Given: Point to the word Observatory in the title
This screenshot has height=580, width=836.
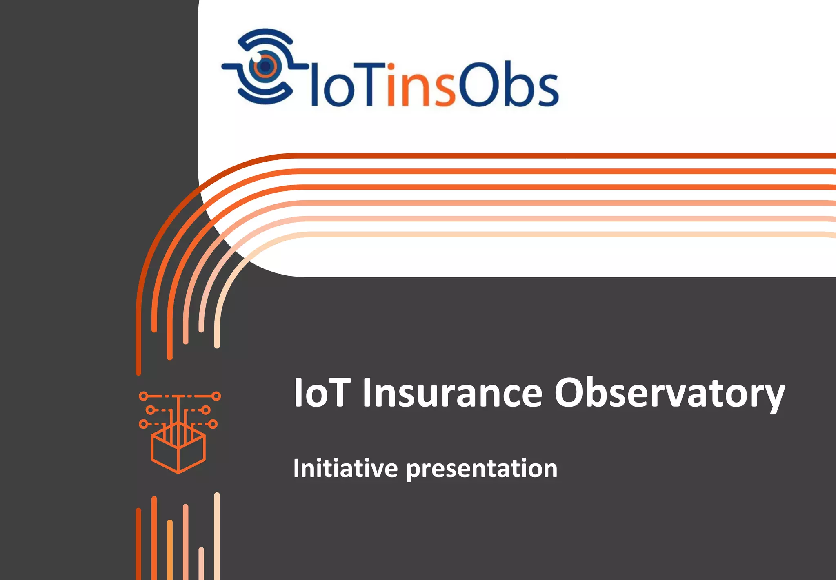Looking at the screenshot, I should [669, 392].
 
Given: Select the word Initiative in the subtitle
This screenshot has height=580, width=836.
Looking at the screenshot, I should [345, 468].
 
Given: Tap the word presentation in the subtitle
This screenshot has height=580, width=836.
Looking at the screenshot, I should [482, 469].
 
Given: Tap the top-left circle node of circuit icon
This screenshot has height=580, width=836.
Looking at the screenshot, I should [143, 396].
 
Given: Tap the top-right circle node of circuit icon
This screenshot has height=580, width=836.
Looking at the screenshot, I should [217, 396].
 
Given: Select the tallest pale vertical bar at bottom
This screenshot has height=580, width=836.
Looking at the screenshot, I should [217, 534].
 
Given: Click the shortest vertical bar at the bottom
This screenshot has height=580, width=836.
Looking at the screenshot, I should [201, 563].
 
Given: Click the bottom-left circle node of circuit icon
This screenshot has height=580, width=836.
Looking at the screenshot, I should [143, 424].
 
